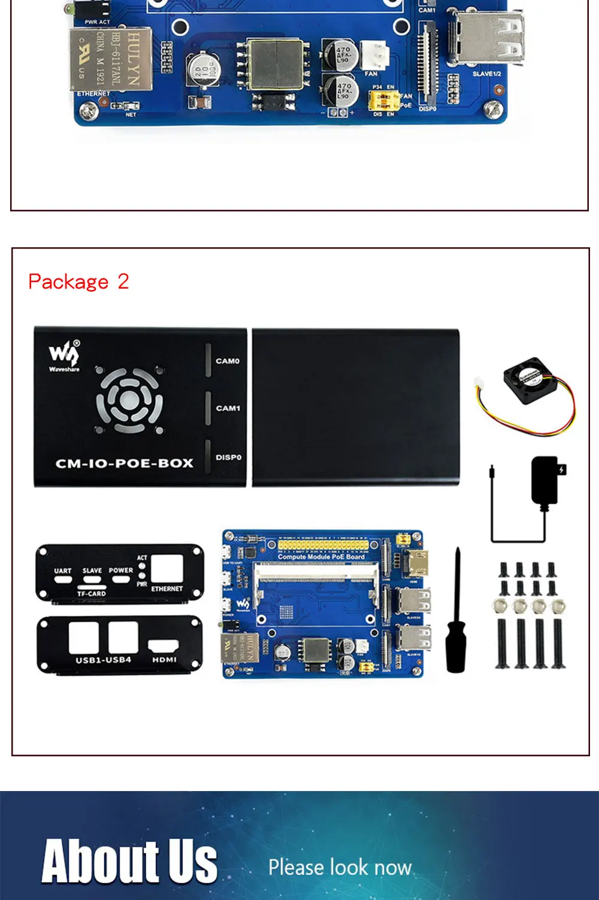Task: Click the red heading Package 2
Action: click(x=78, y=281)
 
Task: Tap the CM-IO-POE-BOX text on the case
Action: click(x=125, y=463)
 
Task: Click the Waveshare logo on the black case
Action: click(x=64, y=356)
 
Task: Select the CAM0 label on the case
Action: click(x=228, y=361)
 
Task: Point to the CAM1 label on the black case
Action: click(x=228, y=408)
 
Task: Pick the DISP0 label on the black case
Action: click(x=228, y=457)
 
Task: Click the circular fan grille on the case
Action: click(x=129, y=400)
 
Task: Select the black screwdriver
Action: click(x=456, y=617)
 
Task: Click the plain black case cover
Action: click(x=356, y=407)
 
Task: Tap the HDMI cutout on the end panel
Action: click(x=164, y=647)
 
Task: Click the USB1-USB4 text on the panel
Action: click(x=103, y=660)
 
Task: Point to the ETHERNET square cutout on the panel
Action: click(x=167, y=569)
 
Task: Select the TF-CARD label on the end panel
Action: click(x=92, y=593)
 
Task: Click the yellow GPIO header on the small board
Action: click(x=323, y=546)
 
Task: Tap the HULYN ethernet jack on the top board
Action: click(x=111, y=60)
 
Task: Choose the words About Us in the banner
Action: click(x=129, y=861)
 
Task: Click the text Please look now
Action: click(x=340, y=867)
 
